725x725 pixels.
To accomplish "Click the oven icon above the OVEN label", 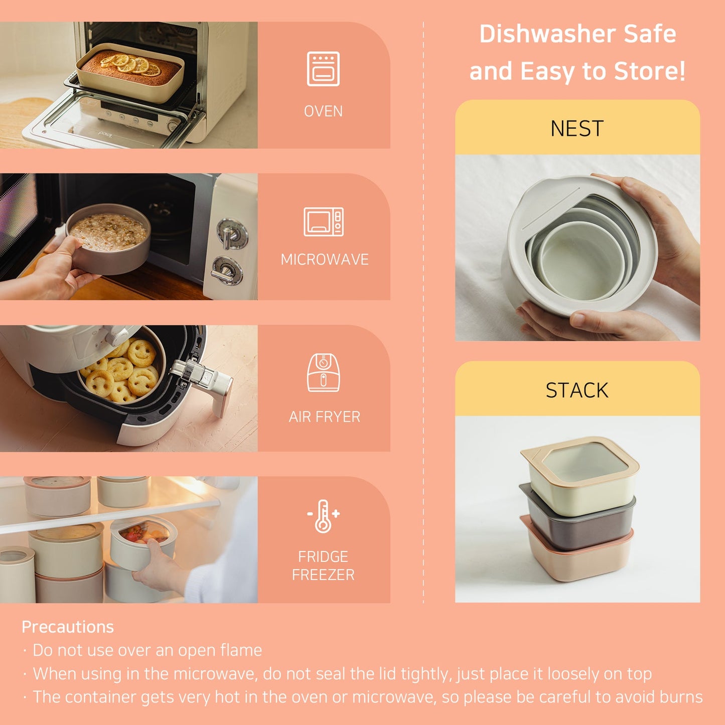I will point(323,69).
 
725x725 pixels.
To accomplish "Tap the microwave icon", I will point(323,221).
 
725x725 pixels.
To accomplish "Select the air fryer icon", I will point(323,373).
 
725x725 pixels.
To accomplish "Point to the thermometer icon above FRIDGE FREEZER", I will point(323,516).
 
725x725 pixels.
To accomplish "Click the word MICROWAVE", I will point(324,259).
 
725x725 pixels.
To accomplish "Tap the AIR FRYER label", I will point(324,417).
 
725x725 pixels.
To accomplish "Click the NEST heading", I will point(577,129).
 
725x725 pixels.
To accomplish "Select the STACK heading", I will point(577,390).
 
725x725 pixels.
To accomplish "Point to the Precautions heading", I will point(68,627).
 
